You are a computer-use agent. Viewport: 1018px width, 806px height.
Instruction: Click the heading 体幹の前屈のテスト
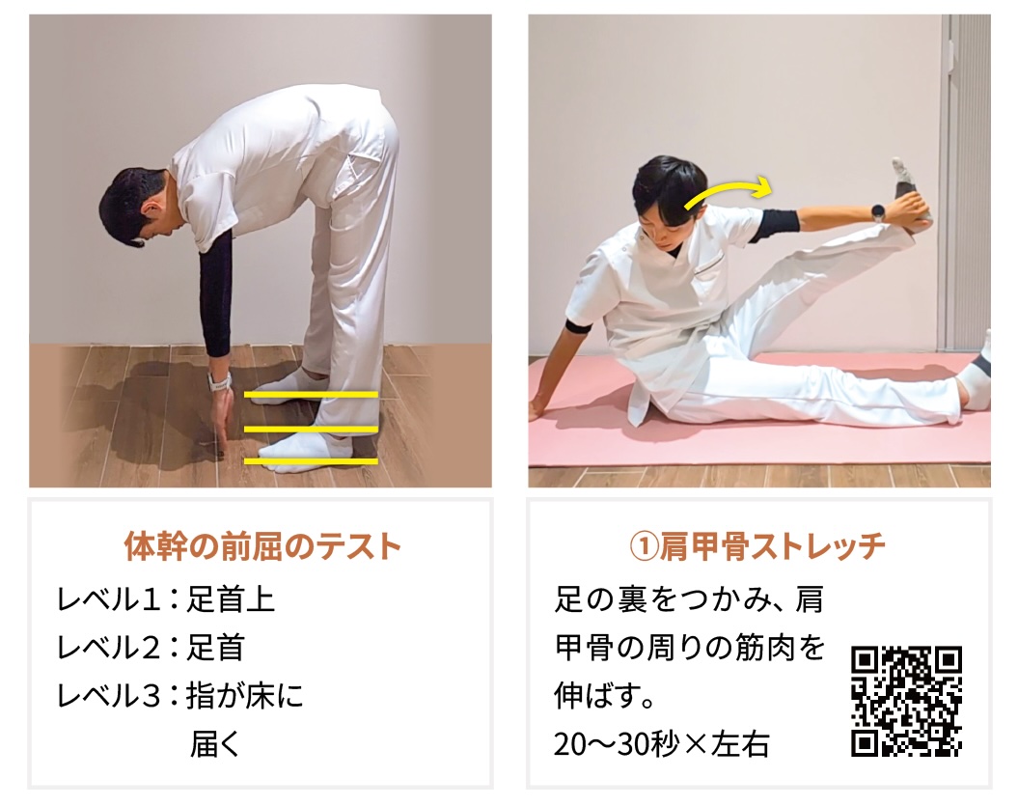coord(262,546)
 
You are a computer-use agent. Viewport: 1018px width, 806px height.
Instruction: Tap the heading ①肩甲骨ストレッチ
coord(757,546)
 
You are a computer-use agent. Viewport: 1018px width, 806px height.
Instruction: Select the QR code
coord(906,702)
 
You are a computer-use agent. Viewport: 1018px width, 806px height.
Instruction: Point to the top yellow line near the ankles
coord(311,394)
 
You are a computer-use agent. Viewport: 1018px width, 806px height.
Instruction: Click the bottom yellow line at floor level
coord(311,461)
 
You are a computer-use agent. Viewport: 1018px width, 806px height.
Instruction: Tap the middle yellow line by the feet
coord(311,429)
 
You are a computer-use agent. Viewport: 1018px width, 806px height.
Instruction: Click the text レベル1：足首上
coord(166,598)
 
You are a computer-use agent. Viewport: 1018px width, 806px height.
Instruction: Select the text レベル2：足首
coord(151,648)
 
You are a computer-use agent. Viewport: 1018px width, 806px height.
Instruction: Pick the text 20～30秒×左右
coord(662,744)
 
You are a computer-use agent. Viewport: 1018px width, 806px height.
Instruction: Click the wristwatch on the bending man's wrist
coord(220,381)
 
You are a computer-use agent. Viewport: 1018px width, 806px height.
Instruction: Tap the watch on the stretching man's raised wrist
coord(878,212)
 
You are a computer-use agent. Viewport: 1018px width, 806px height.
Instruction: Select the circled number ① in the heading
coord(644,547)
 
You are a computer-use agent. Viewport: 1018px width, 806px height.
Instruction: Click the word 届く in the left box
coord(215,744)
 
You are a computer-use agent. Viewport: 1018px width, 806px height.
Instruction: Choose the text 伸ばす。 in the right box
coord(604,696)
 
